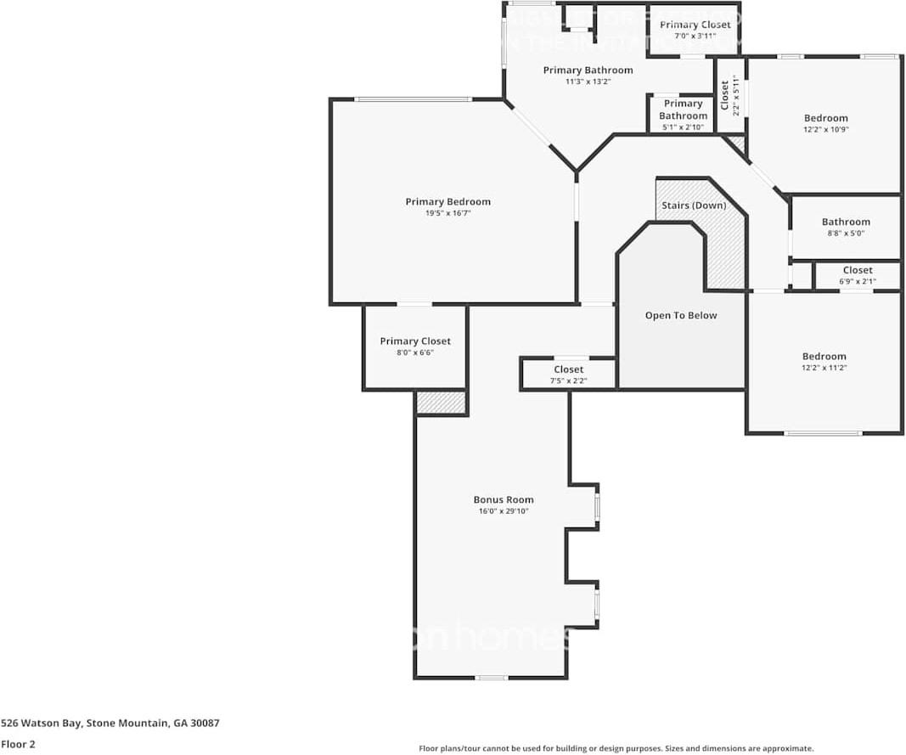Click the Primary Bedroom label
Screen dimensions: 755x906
447,201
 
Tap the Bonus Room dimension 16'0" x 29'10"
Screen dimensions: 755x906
503,511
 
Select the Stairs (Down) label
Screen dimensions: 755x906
694,206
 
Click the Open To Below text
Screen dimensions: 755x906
680,315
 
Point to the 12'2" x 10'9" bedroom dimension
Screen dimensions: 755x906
826,130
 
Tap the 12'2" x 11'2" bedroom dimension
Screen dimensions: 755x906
824,368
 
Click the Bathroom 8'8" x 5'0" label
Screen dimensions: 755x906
846,222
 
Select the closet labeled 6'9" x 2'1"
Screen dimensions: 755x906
858,270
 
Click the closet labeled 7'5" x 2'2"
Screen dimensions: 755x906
568,369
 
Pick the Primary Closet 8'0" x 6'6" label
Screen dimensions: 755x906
415,341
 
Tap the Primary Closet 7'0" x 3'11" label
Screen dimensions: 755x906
695,25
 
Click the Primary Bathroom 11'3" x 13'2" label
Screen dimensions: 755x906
588,70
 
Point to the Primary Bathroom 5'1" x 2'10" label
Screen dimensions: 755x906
683,110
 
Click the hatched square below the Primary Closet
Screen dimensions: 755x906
441,403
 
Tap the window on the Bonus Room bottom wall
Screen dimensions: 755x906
491,678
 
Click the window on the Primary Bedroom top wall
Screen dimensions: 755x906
413,99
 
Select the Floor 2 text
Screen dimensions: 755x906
18,744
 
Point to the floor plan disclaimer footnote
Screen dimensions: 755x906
616,748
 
